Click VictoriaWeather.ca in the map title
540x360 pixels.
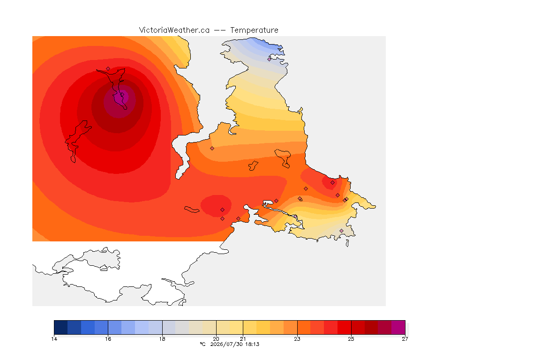click(x=174, y=30)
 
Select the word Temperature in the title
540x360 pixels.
click(x=254, y=30)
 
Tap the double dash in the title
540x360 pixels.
click(x=220, y=30)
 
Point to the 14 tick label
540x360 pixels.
click(x=54, y=339)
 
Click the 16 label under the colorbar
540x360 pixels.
click(x=108, y=339)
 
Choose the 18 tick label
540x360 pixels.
click(x=162, y=339)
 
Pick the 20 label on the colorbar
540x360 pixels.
click(x=216, y=339)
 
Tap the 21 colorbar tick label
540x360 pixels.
click(x=243, y=339)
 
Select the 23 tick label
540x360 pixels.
click(x=297, y=339)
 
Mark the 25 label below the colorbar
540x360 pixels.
click(x=351, y=339)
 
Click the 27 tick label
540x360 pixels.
click(x=405, y=339)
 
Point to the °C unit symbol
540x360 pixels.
click(x=202, y=344)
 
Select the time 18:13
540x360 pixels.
click(x=252, y=344)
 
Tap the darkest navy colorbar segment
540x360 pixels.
click(x=60, y=327)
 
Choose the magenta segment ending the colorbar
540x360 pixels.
click(x=398, y=327)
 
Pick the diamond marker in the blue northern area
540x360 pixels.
click(x=270, y=59)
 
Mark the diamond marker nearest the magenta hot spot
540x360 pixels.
click(x=108, y=69)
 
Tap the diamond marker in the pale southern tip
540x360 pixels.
click(x=341, y=231)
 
